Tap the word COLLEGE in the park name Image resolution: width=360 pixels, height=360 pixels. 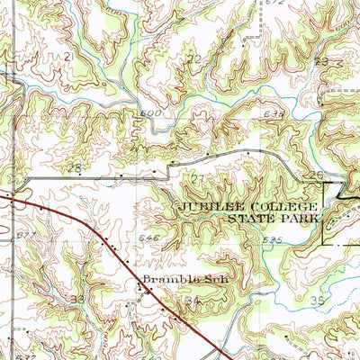pos(274,206)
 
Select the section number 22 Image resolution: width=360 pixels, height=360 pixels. pos(193,59)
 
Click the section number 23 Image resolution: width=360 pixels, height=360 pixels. pos(320,61)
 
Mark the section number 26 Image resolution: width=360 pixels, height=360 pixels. pos(315,175)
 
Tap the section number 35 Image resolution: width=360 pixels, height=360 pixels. pos(315,300)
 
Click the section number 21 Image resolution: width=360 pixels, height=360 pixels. pos(68,56)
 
